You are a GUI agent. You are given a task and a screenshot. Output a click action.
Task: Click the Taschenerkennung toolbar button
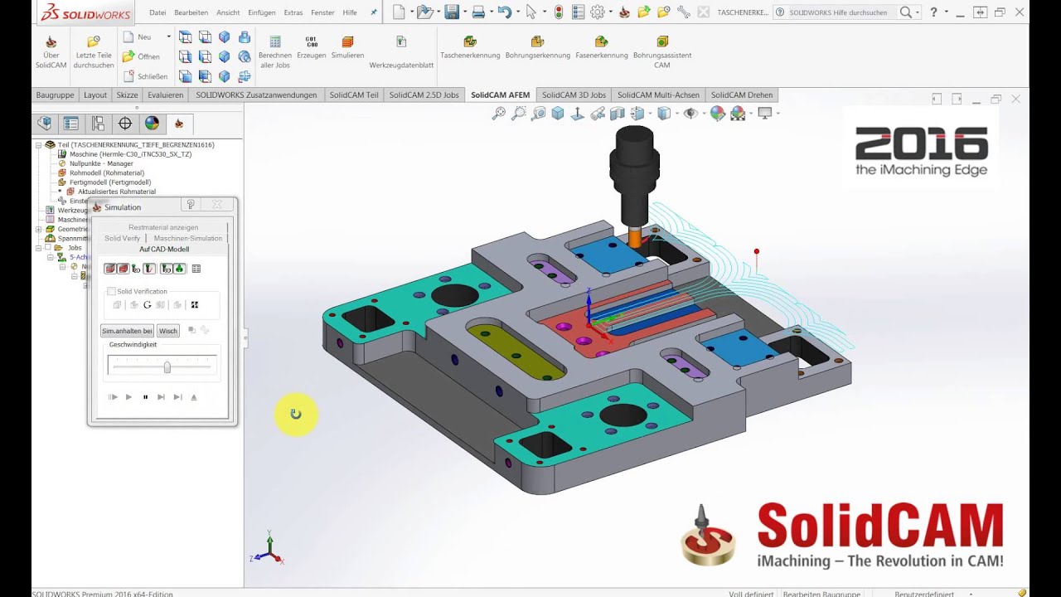point(470,47)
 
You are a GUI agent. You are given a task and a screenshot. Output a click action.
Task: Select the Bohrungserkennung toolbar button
point(537,47)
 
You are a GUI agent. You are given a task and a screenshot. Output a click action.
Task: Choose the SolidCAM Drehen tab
point(741,95)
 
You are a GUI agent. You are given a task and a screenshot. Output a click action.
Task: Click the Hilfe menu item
point(350,12)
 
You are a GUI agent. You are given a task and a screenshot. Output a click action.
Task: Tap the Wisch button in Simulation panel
point(168,331)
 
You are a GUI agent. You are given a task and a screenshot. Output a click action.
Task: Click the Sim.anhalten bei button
point(127,331)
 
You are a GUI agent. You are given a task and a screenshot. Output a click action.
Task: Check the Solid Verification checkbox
point(112,292)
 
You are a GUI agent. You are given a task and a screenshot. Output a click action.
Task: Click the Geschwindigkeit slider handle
point(167,366)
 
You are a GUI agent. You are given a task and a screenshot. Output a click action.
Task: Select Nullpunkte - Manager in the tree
point(100,163)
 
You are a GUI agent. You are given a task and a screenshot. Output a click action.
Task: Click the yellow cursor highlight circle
point(295,414)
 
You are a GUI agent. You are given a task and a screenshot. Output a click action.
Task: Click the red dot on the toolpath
point(756,251)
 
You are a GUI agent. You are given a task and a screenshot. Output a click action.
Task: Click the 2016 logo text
point(921,145)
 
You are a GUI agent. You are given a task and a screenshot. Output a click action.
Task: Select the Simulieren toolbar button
point(347,47)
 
